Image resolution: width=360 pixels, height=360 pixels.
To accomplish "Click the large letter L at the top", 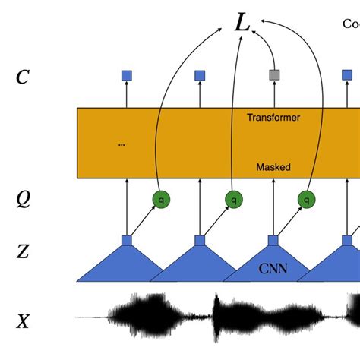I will (242, 24).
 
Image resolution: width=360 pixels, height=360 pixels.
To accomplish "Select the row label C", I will (24, 76).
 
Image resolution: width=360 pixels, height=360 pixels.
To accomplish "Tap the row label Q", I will (24, 199).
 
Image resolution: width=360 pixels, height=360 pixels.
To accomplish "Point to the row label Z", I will (24, 251).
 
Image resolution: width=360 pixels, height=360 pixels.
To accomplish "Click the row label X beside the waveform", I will (24, 321).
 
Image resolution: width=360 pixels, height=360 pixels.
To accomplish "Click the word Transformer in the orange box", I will (273, 118).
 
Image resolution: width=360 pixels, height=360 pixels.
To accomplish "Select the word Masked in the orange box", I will (273, 167).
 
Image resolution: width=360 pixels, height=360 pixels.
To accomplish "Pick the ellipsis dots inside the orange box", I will (122, 144).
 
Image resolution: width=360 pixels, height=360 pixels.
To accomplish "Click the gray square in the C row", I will (273, 75).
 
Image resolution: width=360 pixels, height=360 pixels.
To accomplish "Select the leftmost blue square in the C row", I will (127, 75).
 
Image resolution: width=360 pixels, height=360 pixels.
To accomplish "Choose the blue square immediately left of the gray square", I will (200, 75).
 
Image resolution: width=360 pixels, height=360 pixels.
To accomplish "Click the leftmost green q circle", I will (159, 200).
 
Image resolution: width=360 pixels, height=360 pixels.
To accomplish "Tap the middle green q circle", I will (233, 200).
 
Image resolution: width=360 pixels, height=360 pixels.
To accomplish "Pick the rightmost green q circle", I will (306, 200).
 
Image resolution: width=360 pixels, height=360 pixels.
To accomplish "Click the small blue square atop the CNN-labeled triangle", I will (273, 240).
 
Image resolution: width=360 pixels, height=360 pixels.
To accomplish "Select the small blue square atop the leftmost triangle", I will (127, 240).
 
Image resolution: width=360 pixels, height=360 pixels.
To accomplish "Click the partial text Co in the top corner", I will (351, 24).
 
